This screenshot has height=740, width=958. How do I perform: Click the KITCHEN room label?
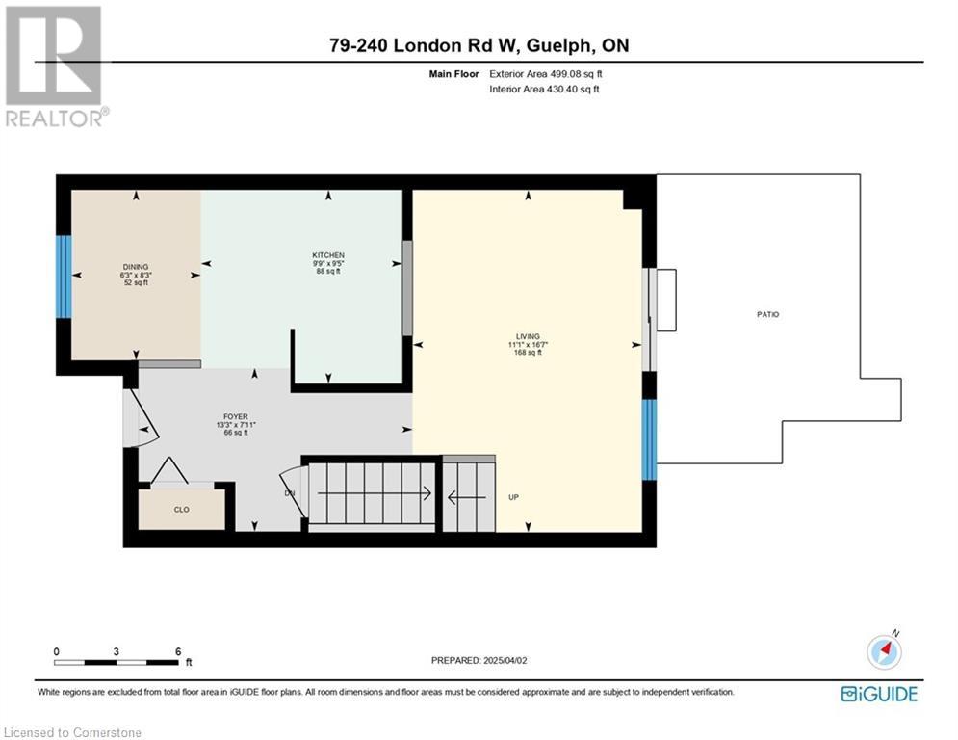(x=328, y=255)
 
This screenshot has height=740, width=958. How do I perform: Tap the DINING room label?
(x=136, y=267)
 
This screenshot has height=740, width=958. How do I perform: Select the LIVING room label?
(x=528, y=336)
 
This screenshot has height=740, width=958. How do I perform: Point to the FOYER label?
(x=235, y=416)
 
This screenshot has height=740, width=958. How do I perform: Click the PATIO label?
(x=768, y=314)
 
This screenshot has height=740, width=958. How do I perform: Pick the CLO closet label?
(x=181, y=510)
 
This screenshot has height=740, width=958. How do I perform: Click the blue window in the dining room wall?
(x=64, y=277)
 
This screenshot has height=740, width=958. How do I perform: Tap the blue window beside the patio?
(x=649, y=439)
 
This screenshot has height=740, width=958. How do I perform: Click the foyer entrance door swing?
(x=142, y=418)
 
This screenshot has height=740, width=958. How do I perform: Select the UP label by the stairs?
(x=514, y=497)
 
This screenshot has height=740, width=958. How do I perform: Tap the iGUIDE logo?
(x=879, y=694)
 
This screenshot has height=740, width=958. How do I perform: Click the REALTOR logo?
(x=55, y=66)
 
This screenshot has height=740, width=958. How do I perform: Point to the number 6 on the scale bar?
(x=178, y=652)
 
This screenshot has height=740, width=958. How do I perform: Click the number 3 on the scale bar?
(x=117, y=652)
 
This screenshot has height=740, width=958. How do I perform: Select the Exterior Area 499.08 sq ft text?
(x=546, y=74)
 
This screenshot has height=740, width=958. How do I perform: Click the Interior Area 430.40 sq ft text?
(x=544, y=90)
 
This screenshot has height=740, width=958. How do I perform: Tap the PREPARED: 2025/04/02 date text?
(x=479, y=660)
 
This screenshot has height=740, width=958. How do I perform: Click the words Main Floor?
(x=453, y=74)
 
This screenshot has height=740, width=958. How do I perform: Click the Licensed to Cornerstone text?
(x=72, y=732)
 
